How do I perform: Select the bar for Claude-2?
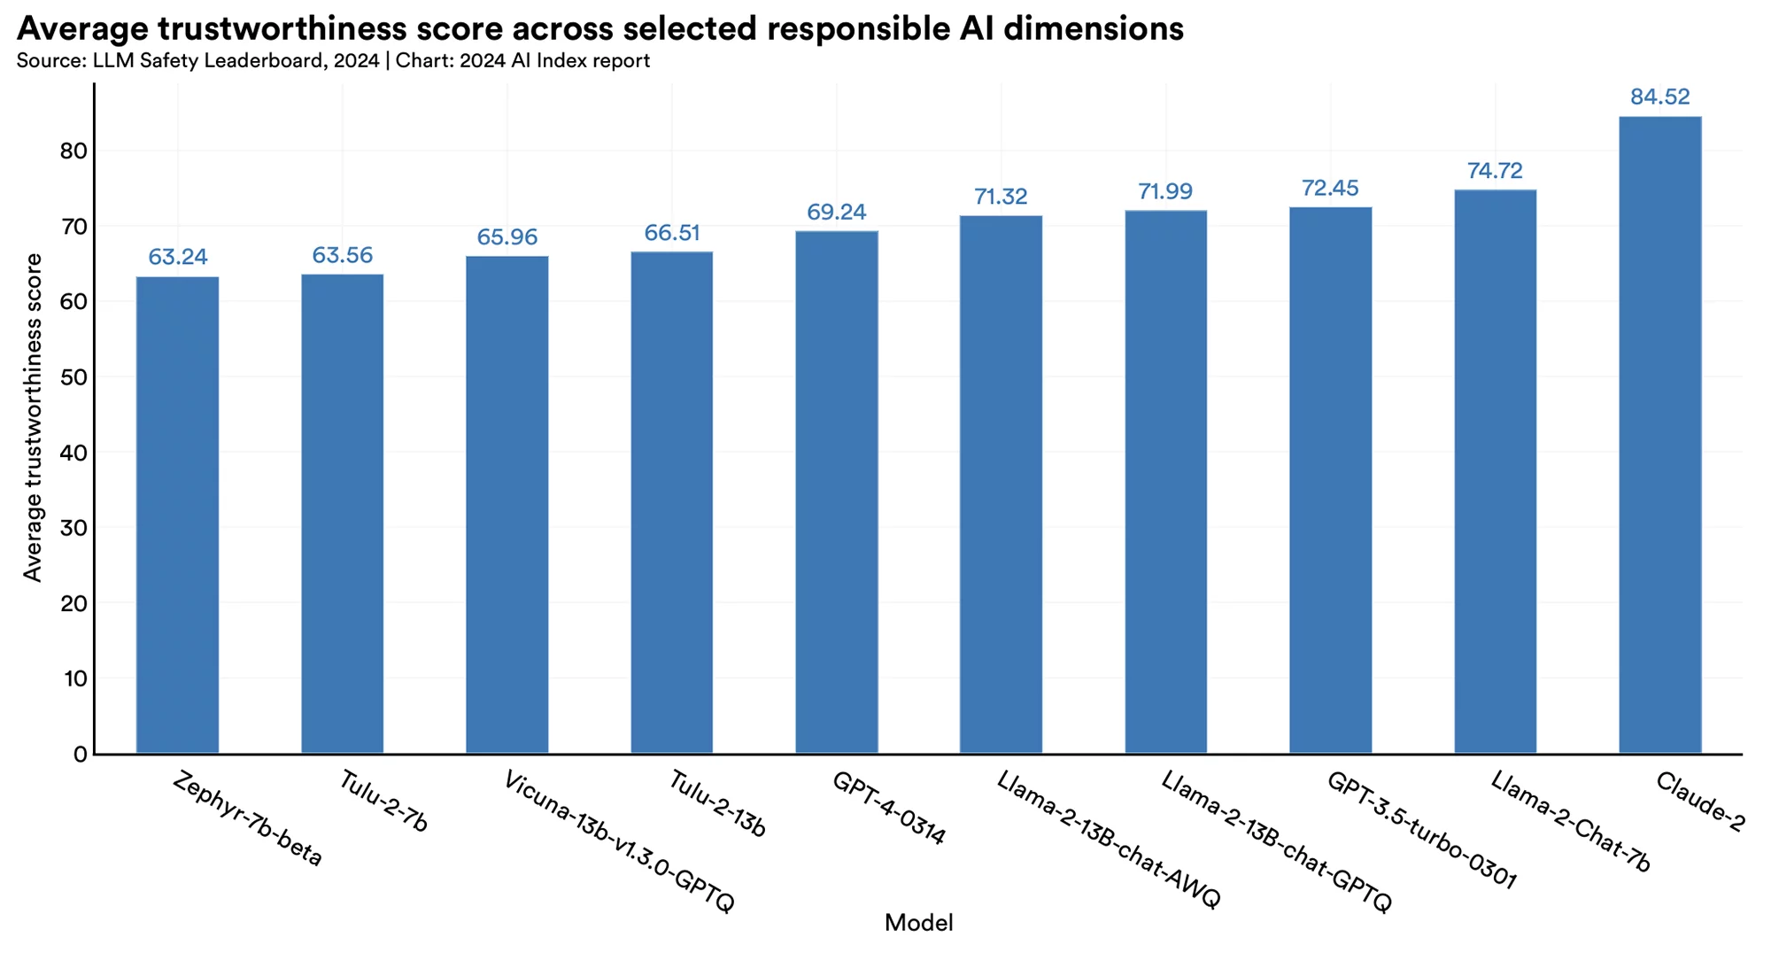1659,434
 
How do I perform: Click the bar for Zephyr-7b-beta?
177,514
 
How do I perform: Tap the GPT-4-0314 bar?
837,492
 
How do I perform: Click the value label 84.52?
1659,97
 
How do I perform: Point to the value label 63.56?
342,255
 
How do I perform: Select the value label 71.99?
1165,191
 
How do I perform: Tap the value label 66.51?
672,233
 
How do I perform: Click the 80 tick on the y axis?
73,151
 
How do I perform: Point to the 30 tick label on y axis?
73,529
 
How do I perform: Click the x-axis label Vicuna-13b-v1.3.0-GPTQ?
618,841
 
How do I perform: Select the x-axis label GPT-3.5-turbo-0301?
1421,830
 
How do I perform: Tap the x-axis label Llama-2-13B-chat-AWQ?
1108,839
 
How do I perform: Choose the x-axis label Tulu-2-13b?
716,804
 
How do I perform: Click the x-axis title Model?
918,923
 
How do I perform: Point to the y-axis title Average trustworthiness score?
33,417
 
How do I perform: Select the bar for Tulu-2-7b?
342,514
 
